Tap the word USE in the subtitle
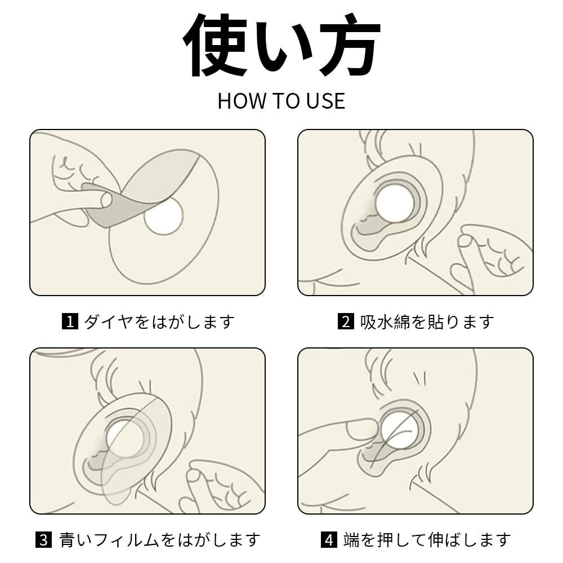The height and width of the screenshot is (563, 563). click(325, 101)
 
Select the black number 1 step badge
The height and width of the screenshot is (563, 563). click(70, 321)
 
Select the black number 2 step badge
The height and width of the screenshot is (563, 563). click(346, 321)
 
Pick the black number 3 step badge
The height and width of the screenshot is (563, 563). click(43, 540)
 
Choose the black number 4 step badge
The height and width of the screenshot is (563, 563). click(329, 540)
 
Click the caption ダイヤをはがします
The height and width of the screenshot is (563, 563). click(159, 321)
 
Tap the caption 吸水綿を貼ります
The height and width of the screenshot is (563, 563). click(427, 321)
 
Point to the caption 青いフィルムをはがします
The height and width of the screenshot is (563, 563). click(160, 540)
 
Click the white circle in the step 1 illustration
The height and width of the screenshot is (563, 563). click(164, 216)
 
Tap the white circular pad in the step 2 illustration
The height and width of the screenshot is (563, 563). click(395, 203)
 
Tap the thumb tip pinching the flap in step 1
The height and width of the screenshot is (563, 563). click(106, 200)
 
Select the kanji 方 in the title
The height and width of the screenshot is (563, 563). click(350, 45)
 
